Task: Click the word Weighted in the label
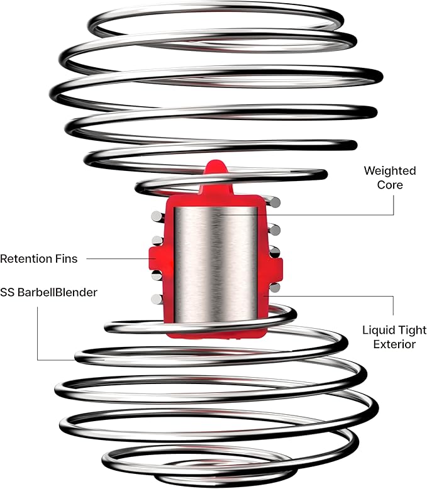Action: pos(390,171)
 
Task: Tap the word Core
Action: pos(390,185)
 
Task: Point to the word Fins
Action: pos(66,259)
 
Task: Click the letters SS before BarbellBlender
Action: pos(7,292)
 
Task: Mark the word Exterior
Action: pos(394,344)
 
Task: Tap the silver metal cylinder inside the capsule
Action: pos(216,264)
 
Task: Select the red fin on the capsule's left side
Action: pos(156,258)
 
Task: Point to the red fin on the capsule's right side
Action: pos(276,269)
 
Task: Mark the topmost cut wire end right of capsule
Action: pos(275,203)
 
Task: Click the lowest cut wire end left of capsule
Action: pos(157,299)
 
